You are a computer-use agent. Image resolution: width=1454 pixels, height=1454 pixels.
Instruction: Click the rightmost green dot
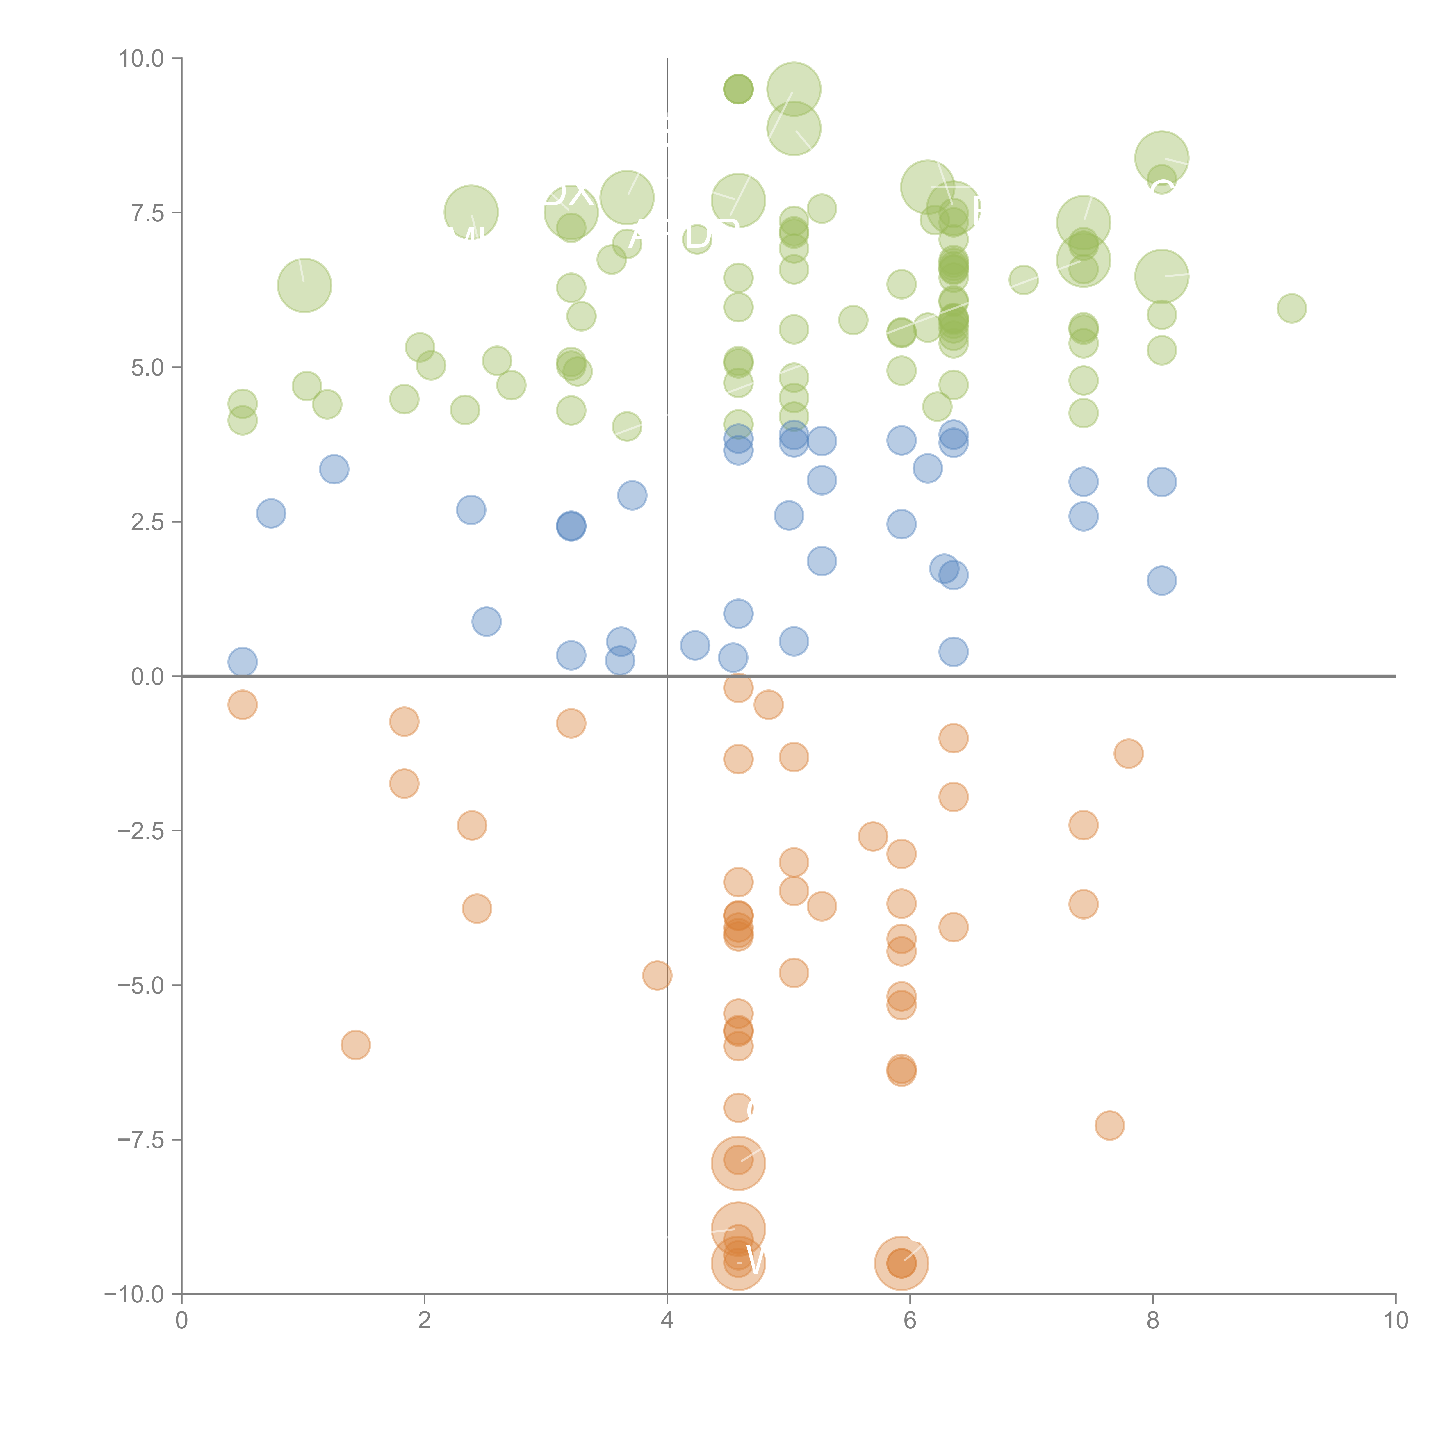(1291, 308)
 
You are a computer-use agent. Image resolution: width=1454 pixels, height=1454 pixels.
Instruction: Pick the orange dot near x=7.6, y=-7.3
(1109, 1125)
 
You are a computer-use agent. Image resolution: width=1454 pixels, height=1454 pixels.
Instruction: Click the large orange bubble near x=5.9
(901, 1263)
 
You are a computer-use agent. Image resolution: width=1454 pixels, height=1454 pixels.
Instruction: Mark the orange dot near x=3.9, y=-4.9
(657, 975)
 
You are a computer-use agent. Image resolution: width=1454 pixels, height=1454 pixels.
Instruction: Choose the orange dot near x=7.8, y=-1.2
(1128, 753)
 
